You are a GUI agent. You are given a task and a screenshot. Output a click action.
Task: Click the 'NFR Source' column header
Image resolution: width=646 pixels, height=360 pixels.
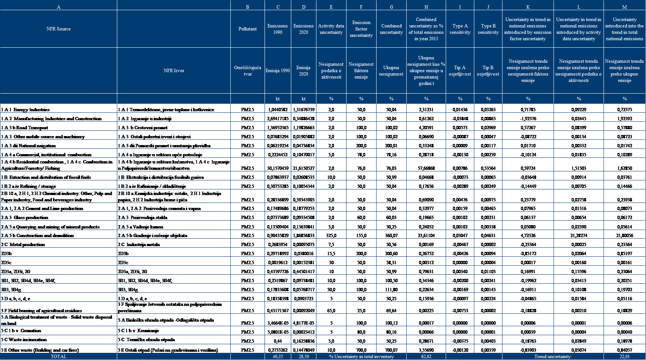coord(58,29)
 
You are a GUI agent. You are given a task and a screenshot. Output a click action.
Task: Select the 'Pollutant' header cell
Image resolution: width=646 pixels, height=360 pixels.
coord(247,29)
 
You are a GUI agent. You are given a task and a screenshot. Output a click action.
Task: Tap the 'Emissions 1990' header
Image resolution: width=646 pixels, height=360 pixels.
coord(277,29)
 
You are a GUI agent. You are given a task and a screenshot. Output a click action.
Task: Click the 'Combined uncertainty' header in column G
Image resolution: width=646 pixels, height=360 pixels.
coord(391,29)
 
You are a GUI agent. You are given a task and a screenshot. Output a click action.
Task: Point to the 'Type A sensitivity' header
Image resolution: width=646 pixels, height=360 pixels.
coord(460,29)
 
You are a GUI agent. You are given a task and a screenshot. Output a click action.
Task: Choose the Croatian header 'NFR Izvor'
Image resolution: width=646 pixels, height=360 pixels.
coord(174,71)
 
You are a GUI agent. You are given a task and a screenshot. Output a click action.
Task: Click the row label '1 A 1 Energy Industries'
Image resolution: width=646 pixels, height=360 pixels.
coord(25,110)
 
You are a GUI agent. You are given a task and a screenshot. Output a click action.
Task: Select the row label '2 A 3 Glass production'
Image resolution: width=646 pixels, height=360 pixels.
coord(24,218)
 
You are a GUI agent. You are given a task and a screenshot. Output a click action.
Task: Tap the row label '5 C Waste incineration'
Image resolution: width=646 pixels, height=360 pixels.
coord(24,340)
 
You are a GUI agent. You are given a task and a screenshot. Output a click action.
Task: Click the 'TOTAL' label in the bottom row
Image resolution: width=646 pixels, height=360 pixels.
coord(58,357)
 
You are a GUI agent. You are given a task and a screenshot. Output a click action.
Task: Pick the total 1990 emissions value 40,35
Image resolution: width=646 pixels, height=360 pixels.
coord(278,357)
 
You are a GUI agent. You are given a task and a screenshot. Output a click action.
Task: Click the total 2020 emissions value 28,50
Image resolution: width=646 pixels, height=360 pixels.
coord(304,357)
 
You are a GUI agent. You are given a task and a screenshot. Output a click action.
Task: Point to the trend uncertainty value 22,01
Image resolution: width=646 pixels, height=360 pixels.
coord(624,357)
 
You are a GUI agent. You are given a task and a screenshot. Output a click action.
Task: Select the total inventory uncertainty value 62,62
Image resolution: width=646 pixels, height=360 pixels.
coord(426,357)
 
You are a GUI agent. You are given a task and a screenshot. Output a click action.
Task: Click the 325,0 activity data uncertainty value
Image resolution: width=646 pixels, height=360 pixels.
coord(331,236)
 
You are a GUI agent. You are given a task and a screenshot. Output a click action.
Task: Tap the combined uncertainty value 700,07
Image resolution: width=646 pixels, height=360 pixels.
coord(391,350)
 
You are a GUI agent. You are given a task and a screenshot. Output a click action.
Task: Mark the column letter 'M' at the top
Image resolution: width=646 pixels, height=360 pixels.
coord(624,7)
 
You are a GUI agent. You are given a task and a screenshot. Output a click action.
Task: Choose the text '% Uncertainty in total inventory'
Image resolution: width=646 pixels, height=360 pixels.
coord(361,357)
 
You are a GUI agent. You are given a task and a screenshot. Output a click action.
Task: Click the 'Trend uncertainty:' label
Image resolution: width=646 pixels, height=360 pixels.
coord(553,357)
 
